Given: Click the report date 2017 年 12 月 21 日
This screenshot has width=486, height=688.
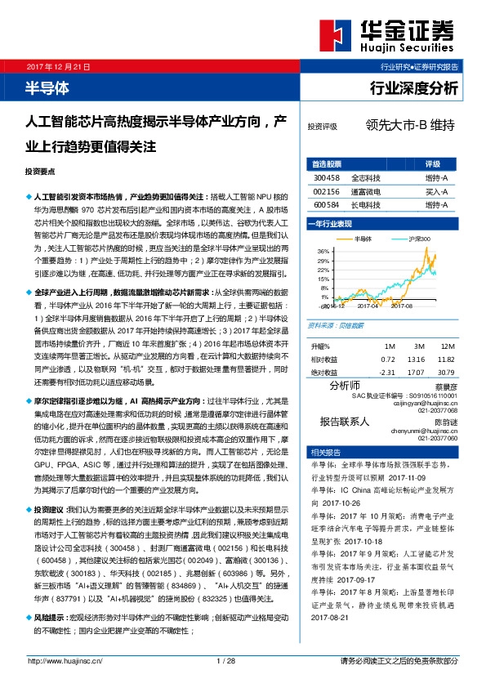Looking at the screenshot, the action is [60, 67].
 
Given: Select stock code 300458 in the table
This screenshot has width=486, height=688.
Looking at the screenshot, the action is [326, 176].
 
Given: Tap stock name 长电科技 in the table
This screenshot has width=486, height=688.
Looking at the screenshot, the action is [364, 204].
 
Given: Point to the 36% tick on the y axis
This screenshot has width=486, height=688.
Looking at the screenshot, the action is [323, 250].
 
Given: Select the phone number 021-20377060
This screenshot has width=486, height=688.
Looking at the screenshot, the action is [439, 438].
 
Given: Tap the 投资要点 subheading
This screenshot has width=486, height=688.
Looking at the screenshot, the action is [41, 172].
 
